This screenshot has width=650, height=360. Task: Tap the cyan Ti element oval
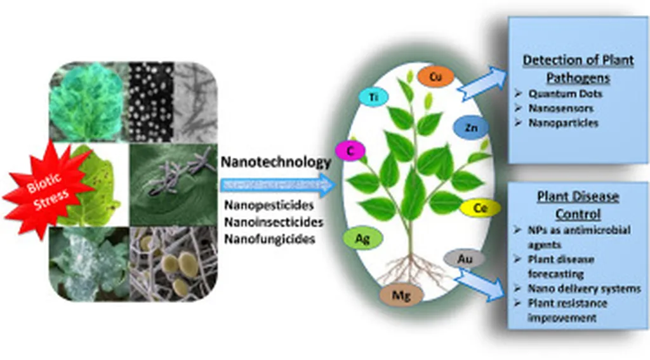coord(373,97)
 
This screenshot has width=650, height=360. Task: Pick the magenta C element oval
coord(350,151)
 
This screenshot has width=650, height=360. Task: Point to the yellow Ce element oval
coord(481,208)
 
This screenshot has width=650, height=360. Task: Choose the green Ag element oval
coord(362,239)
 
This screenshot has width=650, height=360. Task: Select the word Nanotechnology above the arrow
coord(275,163)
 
